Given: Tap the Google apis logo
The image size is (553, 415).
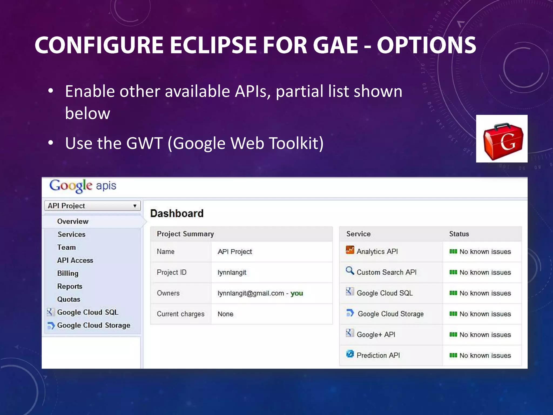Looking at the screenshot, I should point(83,186).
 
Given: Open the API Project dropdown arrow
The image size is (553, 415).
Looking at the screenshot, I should point(135,206).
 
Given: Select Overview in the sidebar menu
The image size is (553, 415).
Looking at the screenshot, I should point(73,221).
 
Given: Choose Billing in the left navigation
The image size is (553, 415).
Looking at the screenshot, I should point(68,273).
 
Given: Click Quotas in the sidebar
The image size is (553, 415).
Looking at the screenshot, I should point(69,299).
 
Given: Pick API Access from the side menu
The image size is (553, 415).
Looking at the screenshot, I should point(75,260).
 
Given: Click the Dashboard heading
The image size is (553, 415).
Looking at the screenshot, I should point(177,213).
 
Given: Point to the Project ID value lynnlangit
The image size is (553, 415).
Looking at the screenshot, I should point(232,272).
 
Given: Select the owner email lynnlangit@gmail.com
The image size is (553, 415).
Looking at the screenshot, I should point(251,293).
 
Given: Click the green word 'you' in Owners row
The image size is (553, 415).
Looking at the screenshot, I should point(297,293).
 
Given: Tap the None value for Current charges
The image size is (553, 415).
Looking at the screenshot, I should point(225,314).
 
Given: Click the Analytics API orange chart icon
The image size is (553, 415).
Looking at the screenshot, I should point(350,250).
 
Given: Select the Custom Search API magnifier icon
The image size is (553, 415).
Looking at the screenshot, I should point(350,271).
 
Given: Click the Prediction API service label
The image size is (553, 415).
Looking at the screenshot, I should point(378,355).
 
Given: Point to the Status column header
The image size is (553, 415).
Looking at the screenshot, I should point(459,234).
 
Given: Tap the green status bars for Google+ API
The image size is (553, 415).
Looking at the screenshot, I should point(453,334).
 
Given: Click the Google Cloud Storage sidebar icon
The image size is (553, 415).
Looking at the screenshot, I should point(51,325).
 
